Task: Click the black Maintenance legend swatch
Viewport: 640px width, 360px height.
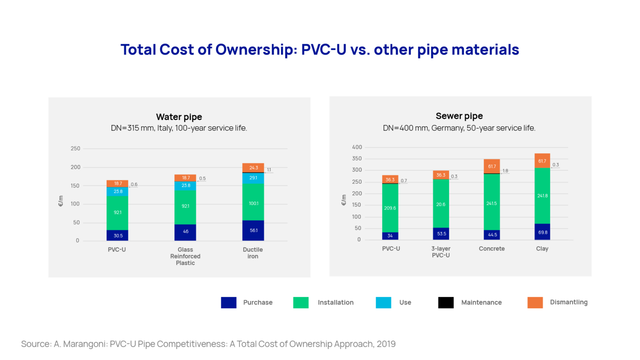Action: click(445, 302)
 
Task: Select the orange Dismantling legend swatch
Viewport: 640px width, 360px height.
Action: click(535, 302)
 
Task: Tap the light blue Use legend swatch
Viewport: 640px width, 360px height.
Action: click(383, 302)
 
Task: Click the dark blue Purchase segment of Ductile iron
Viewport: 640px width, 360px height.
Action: click(253, 230)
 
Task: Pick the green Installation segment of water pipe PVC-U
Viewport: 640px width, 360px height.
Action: click(117, 212)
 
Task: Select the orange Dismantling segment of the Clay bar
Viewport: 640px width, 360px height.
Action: click(542, 161)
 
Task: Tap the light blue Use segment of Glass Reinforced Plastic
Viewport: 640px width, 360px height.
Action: click(185, 186)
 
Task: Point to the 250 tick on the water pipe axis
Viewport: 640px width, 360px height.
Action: click(75, 148)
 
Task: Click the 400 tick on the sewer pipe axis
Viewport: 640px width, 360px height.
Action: click(357, 147)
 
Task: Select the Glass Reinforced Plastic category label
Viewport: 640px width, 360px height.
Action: click(185, 256)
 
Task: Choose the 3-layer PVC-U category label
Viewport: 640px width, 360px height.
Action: click(441, 252)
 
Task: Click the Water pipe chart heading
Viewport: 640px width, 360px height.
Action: click(179, 117)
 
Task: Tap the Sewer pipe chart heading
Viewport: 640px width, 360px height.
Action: click(459, 116)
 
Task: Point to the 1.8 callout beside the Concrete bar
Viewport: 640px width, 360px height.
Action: click(505, 171)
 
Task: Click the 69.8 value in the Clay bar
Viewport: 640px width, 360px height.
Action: click(542, 232)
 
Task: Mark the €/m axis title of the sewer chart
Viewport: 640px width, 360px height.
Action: click(344, 200)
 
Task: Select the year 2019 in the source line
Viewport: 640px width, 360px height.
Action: click(386, 344)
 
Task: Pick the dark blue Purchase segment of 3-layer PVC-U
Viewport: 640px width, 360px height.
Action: click(441, 234)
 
